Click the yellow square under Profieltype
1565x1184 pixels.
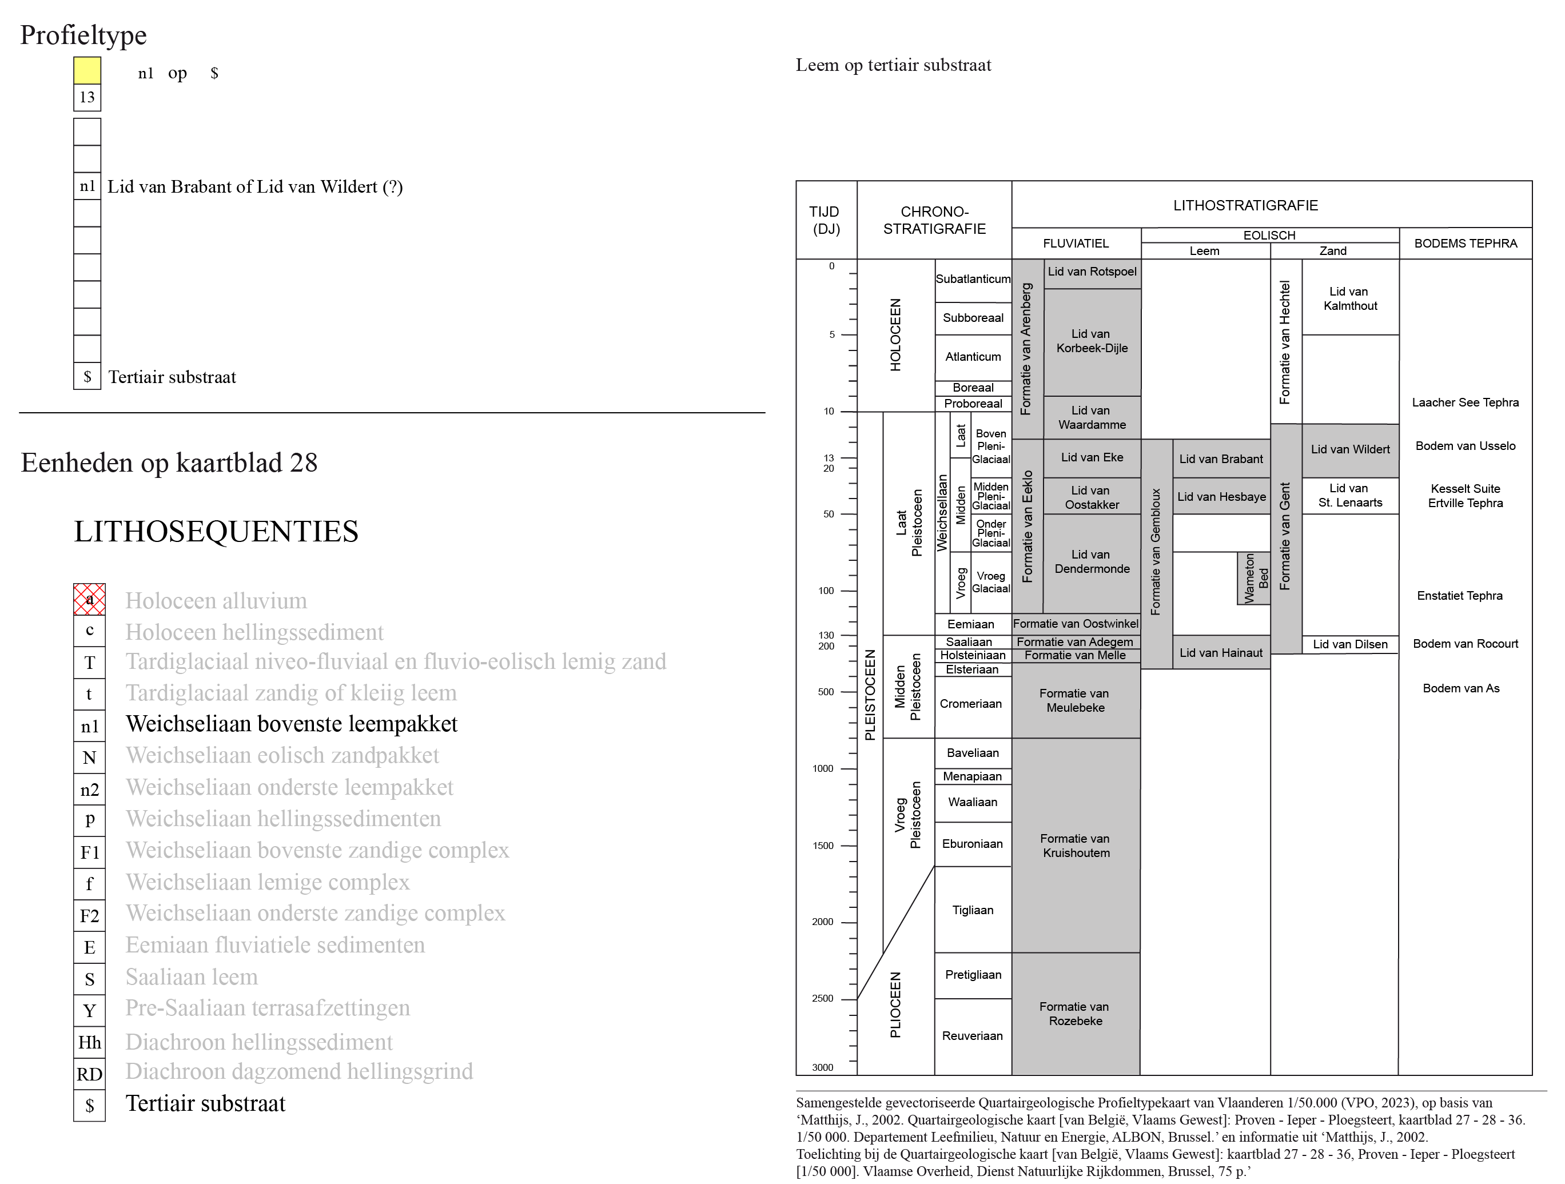click(87, 71)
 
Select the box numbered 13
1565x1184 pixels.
click(87, 98)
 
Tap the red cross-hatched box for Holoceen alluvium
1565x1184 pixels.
click(89, 599)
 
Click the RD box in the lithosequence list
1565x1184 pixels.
click(89, 1074)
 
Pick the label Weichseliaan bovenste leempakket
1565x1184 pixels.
click(292, 724)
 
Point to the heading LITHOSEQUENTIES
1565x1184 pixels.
click(216, 532)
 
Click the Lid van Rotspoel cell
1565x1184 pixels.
click(1092, 274)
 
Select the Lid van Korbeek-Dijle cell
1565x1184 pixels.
click(1092, 342)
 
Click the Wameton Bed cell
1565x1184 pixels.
click(1254, 579)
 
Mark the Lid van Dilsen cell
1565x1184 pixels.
click(1350, 644)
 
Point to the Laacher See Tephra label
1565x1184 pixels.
click(1466, 402)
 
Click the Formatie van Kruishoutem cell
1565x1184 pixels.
click(1076, 845)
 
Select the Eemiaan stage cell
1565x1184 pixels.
click(972, 624)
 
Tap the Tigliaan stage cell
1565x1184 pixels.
click(973, 910)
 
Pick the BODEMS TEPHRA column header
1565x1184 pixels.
click(1466, 244)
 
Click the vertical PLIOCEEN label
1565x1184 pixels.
click(895, 1005)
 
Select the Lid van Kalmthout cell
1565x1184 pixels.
click(1350, 298)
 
